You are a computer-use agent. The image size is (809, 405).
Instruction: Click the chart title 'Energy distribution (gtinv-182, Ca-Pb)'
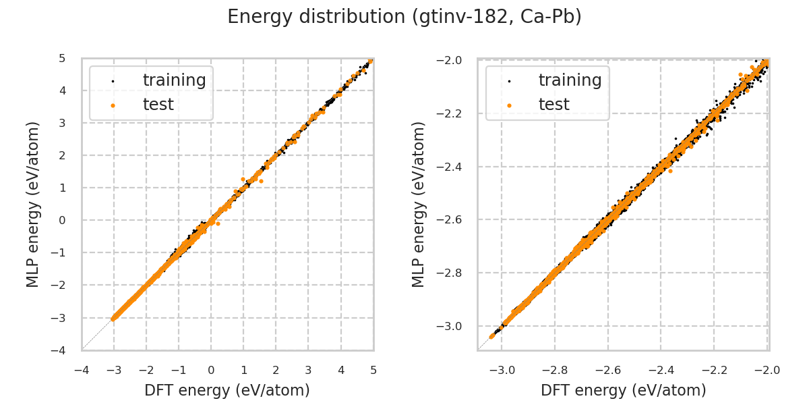[404, 17]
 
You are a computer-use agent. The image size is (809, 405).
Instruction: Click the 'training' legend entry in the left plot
[174, 80]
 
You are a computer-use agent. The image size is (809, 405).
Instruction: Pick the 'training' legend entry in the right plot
[570, 80]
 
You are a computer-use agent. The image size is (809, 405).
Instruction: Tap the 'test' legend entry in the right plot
[553, 105]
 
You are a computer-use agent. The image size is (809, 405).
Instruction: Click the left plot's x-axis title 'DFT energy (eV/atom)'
[227, 390]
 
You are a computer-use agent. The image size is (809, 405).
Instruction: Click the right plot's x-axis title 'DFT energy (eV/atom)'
[624, 390]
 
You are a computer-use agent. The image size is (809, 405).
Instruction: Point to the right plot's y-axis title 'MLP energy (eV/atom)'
[419, 204]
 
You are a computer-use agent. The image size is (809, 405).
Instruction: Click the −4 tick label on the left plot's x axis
[81, 370]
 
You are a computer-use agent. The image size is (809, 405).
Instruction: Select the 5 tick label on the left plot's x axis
[373, 370]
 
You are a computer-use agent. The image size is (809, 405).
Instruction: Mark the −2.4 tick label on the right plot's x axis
[661, 370]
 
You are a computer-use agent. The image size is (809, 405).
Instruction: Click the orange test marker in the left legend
[113, 105]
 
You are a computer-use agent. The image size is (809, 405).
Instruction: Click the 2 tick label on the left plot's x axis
[276, 370]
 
